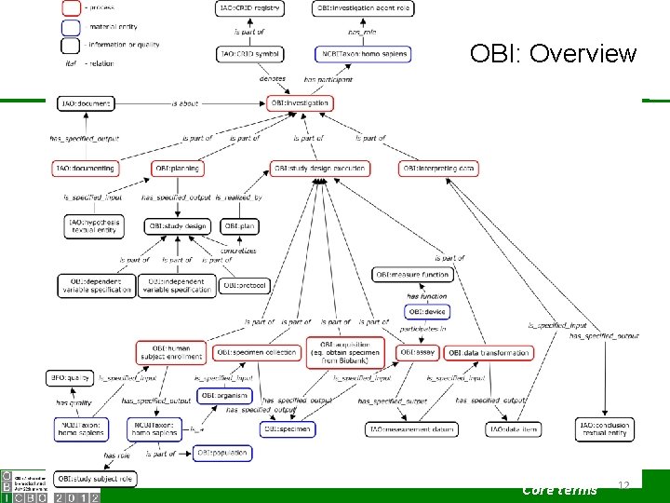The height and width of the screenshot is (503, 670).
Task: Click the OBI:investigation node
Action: coord(301,102)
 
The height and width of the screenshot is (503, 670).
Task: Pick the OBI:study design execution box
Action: coord(320,169)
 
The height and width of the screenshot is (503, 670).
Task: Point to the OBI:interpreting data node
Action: coord(440,169)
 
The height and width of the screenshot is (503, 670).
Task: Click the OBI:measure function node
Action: coord(413,275)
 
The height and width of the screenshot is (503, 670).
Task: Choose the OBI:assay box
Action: coord(418,352)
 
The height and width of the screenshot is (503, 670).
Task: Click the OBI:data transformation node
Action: coord(489,352)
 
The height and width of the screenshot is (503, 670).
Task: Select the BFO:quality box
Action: coord(71,378)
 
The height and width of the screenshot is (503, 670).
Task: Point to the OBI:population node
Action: coord(222,454)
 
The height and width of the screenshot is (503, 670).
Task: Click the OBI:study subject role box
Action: coord(95,479)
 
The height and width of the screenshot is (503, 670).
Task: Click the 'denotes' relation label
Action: coord(273,80)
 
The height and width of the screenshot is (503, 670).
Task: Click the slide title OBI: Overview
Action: coord(553,53)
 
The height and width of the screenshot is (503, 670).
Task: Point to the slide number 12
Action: coord(624,485)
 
